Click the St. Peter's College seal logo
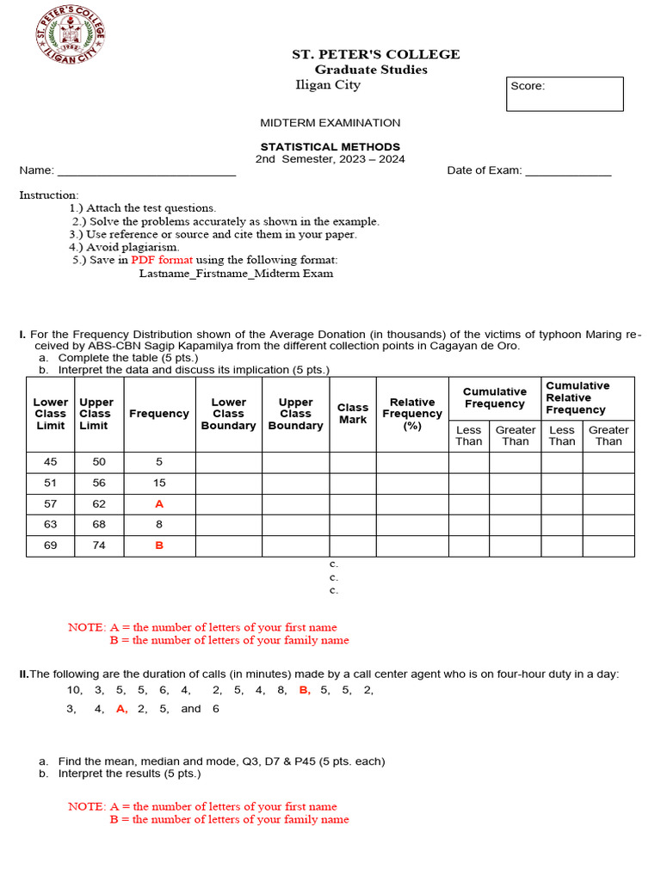(x=70, y=34)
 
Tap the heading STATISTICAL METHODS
(x=330, y=147)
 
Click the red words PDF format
(x=163, y=260)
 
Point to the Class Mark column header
(x=353, y=414)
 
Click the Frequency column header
(x=159, y=414)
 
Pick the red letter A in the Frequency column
(x=159, y=504)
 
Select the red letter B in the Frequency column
(x=159, y=545)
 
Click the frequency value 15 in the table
(x=159, y=484)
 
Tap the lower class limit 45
(x=51, y=462)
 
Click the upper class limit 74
(x=99, y=545)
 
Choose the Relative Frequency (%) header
(x=412, y=414)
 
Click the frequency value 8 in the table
(x=159, y=525)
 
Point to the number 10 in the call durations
(x=74, y=690)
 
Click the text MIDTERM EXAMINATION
(x=330, y=123)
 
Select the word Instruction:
(x=49, y=195)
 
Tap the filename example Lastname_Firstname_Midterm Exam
(x=236, y=274)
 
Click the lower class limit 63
(x=51, y=525)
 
